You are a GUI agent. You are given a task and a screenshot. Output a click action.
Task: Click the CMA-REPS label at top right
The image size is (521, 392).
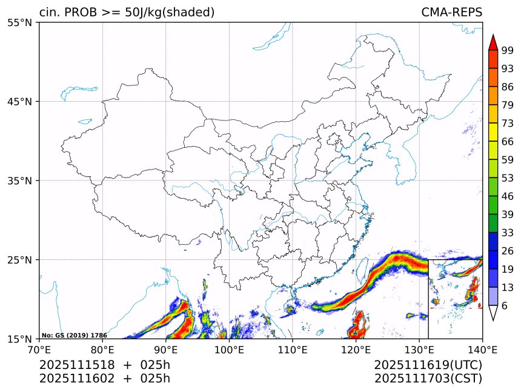[x=451, y=13]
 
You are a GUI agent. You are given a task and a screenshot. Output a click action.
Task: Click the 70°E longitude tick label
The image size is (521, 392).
[x=39, y=349]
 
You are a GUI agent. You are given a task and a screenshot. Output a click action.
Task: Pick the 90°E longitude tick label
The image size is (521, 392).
[x=166, y=349]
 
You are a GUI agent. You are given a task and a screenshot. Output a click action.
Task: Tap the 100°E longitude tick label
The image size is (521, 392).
[x=229, y=349]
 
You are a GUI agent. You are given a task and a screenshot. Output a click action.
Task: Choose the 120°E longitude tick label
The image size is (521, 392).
[x=356, y=349]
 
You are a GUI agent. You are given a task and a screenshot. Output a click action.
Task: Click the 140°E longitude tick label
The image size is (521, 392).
[x=482, y=349]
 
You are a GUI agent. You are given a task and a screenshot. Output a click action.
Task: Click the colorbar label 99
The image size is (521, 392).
[x=508, y=50]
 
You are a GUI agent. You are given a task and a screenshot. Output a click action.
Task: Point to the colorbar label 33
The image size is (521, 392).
[x=508, y=233]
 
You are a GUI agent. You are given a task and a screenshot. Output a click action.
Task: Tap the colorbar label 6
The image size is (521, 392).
[x=505, y=306]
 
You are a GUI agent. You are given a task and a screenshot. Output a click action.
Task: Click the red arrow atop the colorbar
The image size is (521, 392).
[x=493, y=42]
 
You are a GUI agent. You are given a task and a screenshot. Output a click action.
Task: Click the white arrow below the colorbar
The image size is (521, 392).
[x=493, y=313]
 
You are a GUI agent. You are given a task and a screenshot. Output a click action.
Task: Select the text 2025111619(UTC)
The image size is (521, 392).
[x=428, y=365]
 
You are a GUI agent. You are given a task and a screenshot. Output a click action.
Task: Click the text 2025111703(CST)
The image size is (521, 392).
[x=428, y=379]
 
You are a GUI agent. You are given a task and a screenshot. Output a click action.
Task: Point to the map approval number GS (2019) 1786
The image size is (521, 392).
[x=75, y=335]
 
